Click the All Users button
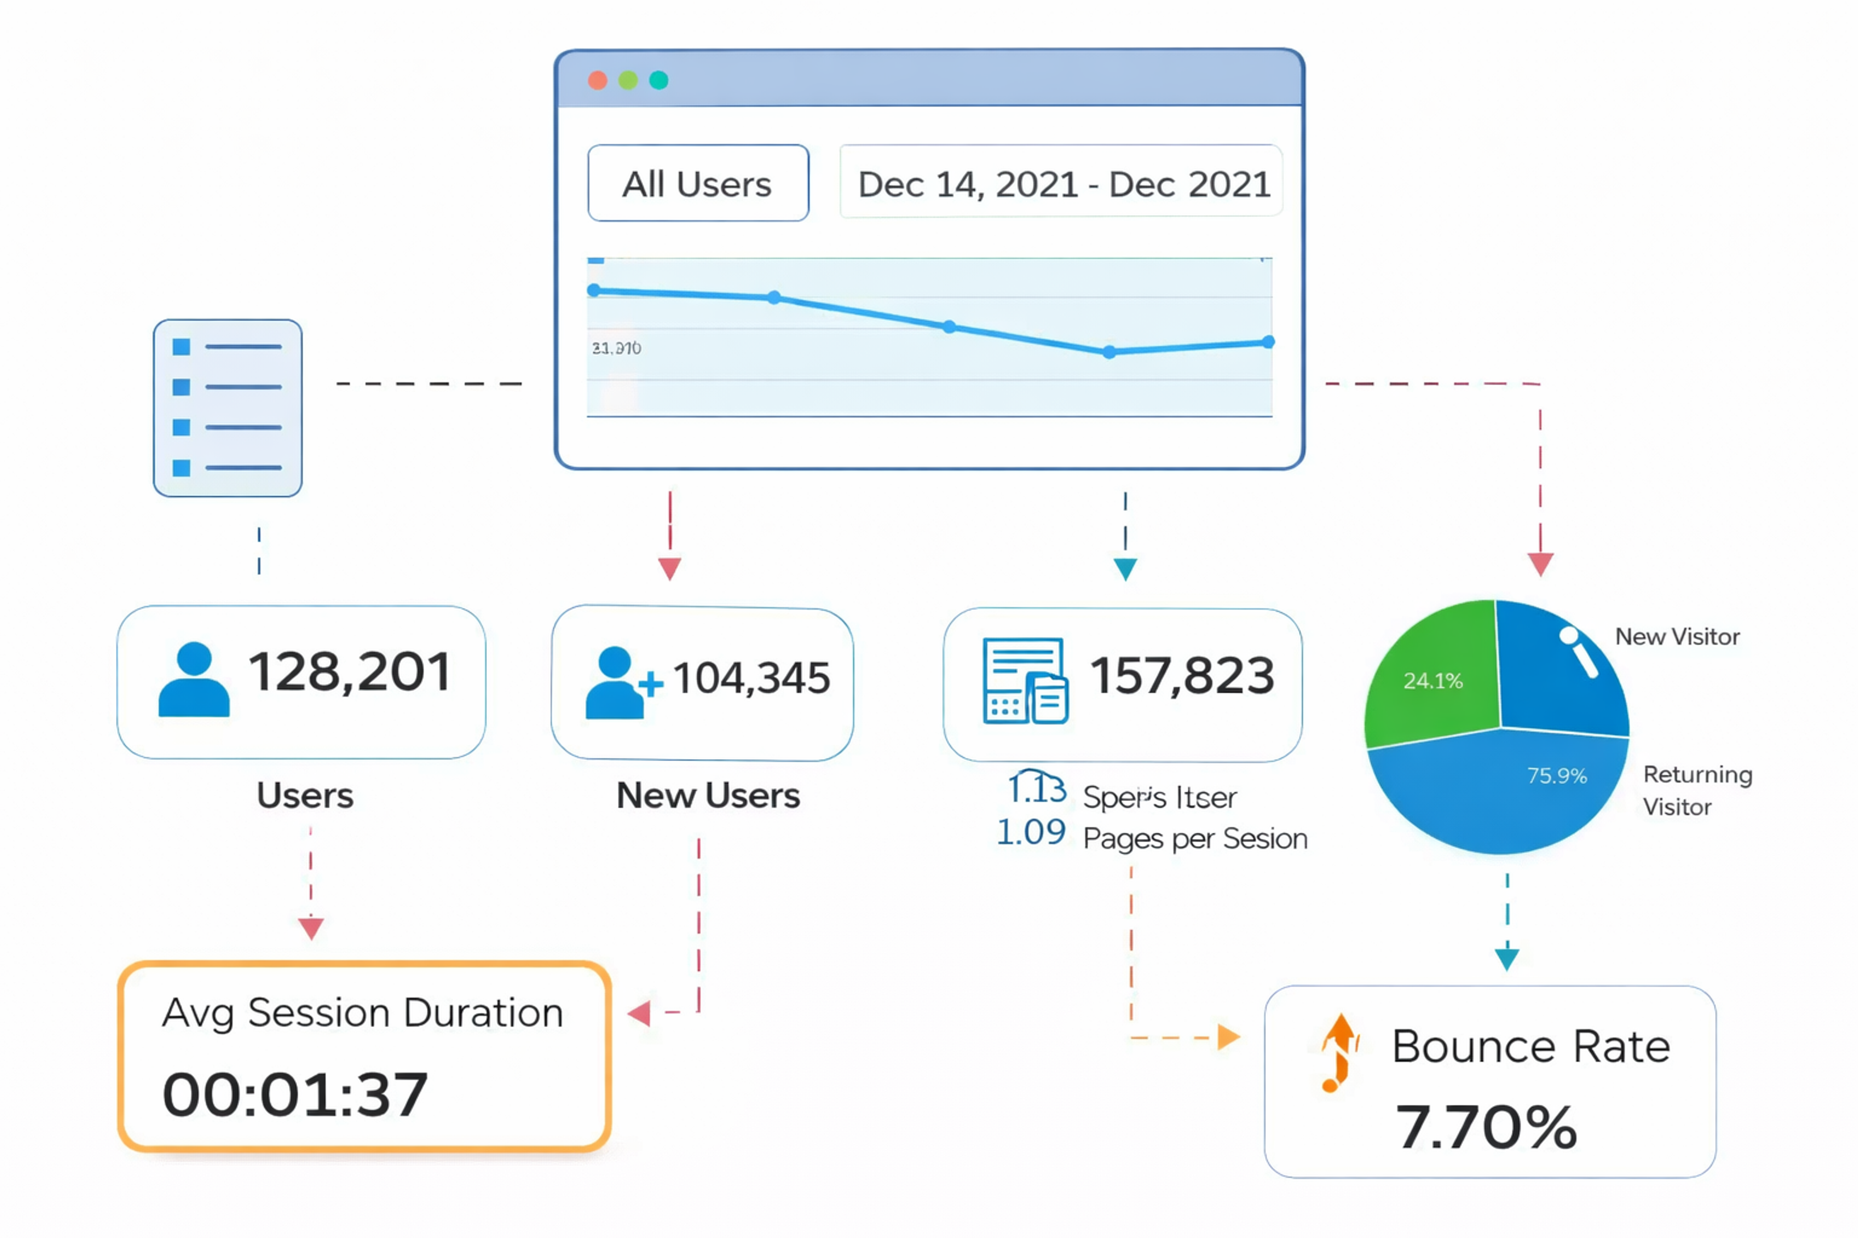(698, 183)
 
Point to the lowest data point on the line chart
(1109, 352)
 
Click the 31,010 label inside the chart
(616, 348)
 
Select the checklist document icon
(227, 407)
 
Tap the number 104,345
(751, 678)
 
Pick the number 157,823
(1182, 676)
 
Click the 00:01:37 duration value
(295, 1095)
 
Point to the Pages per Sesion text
(1195, 839)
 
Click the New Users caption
(708, 795)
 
